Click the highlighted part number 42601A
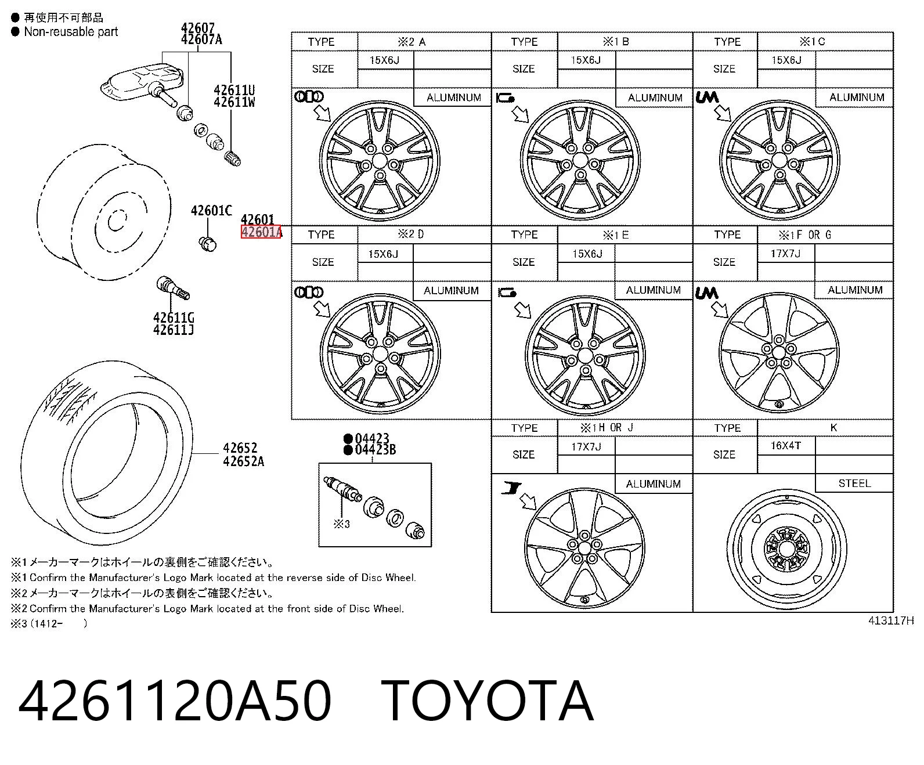tap(261, 232)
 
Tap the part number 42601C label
tap(211, 210)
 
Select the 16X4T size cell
tap(785, 445)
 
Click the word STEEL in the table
tap(854, 483)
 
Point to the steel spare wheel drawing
tap(786, 550)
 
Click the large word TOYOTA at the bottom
tap(486, 701)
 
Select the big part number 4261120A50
tap(175, 701)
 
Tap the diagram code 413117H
tap(890, 620)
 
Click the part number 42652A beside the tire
tap(243, 461)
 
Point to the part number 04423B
tap(376, 450)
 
